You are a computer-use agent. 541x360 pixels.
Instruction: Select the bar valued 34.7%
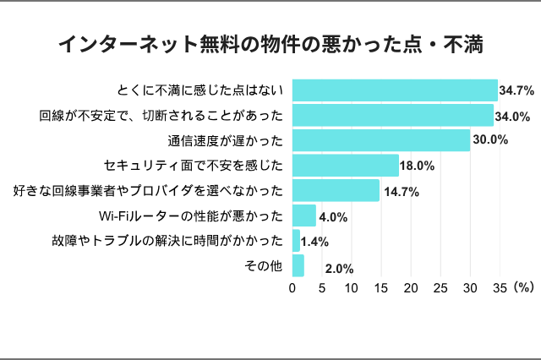pyautogui.click(x=395, y=90)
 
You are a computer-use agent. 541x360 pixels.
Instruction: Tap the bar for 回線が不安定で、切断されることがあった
pyautogui.click(x=393, y=115)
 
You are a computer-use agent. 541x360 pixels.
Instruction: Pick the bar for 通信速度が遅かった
pyautogui.click(x=381, y=140)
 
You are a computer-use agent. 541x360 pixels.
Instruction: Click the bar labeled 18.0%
pyautogui.click(x=346, y=166)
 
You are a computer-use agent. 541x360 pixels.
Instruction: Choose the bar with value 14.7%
pyautogui.click(x=336, y=191)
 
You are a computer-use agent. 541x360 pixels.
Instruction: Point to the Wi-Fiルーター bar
pyautogui.click(x=304, y=215)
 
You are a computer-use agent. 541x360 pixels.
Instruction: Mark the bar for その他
pyautogui.click(x=298, y=265)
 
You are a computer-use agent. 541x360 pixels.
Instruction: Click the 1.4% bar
pyautogui.click(x=296, y=241)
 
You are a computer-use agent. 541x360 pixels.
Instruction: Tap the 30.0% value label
pyautogui.click(x=490, y=140)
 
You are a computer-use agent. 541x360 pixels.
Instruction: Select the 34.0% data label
pyautogui.click(x=514, y=116)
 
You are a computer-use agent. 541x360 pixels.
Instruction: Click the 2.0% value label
pyautogui.click(x=339, y=270)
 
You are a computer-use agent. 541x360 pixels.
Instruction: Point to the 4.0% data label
pyautogui.click(x=333, y=217)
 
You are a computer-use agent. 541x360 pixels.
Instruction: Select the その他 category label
pyautogui.click(x=262, y=266)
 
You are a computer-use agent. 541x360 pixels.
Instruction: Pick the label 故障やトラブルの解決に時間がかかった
pyautogui.click(x=167, y=241)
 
